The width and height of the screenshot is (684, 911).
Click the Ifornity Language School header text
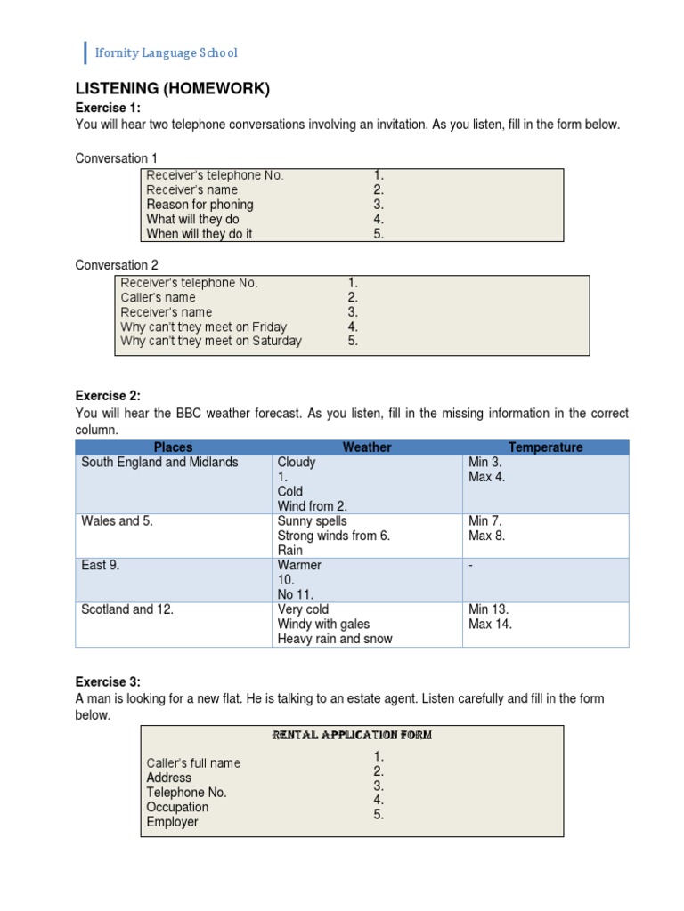(x=167, y=53)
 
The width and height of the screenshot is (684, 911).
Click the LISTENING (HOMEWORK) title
(x=172, y=88)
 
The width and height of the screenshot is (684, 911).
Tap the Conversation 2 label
(x=117, y=265)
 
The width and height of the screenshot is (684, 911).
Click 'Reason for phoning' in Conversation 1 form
(x=199, y=205)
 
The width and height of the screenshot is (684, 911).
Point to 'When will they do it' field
(x=199, y=234)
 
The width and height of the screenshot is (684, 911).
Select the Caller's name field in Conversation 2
(x=158, y=298)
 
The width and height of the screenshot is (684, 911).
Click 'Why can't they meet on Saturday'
(x=211, y=341)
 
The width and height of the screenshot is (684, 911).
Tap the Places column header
(x=173, y=447)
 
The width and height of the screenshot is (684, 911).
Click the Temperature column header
(x=545, y=447)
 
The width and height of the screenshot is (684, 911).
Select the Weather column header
(x=367, y=447)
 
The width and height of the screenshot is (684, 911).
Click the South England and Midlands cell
(x=159, y=463)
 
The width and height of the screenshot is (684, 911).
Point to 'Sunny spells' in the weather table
(x=312, y=521)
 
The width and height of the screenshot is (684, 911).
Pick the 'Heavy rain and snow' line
(x=334, y=639)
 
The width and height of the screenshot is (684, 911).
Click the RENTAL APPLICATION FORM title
(x=352, y=736)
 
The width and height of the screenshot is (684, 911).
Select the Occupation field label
(x=177, y=807)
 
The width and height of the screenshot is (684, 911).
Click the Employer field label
(x=172, y=822)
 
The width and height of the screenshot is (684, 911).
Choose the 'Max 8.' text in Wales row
(x=486, y=536)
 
